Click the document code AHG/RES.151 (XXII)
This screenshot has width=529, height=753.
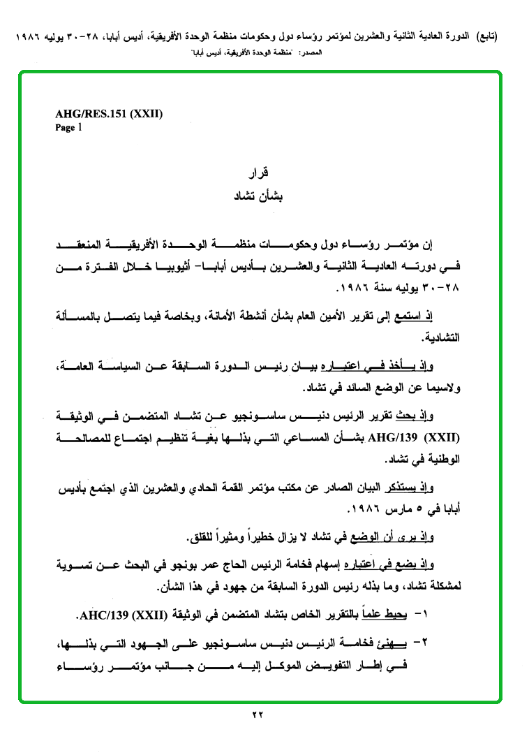click(x=109, y=115)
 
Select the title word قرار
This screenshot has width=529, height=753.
click(x=260, y=172)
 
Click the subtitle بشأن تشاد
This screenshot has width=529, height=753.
click(x=260, y=196)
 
